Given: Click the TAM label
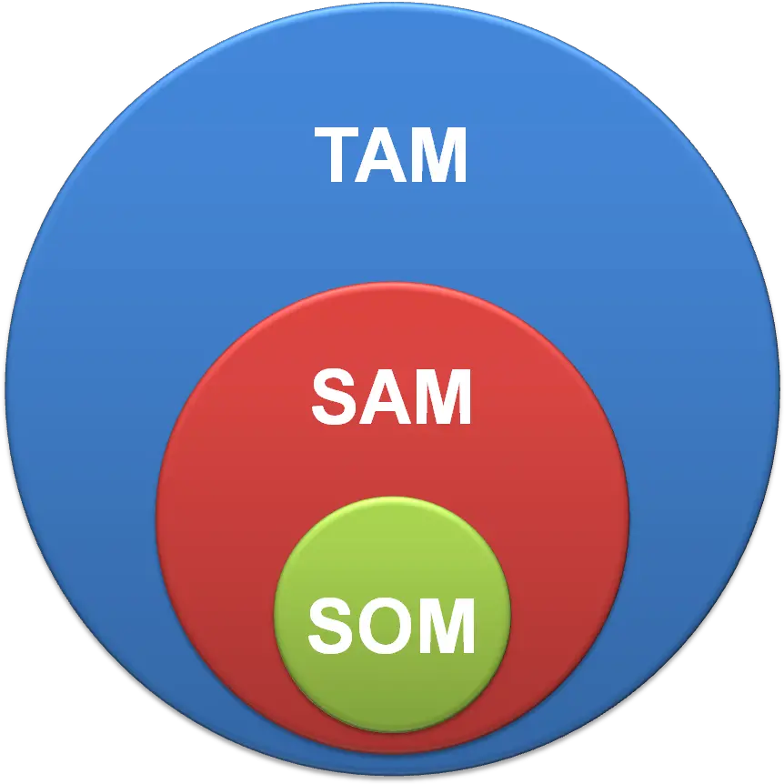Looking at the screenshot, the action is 390,155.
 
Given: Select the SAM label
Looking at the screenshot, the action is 391,397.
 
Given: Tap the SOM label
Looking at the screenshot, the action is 391,626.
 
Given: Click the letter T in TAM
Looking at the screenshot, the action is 341,155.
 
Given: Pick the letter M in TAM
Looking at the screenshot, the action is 443,155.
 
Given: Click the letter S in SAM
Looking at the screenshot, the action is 337,397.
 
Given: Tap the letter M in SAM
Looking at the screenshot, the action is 447,397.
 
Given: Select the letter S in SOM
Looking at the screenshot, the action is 332,626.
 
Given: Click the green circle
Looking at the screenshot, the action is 393,550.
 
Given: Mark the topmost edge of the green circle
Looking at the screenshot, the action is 393,497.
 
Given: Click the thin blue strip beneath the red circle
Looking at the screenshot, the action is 393,765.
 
